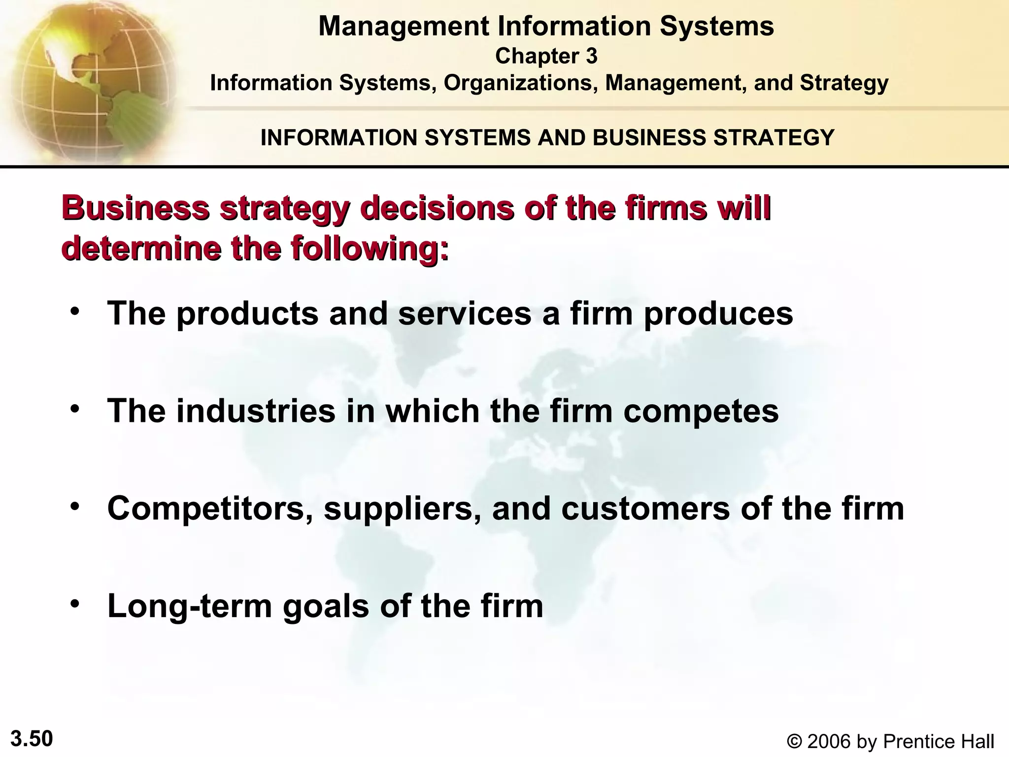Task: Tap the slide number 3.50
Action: [x=32, y=739]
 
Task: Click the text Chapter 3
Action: [x=546, y=56]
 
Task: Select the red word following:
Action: [x=370, y=249]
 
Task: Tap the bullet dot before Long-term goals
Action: [x=75, y=604]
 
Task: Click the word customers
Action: [x=645, y=509]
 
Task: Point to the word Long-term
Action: [x=190, y=606]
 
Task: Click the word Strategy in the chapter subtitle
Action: [x=844, y=83]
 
